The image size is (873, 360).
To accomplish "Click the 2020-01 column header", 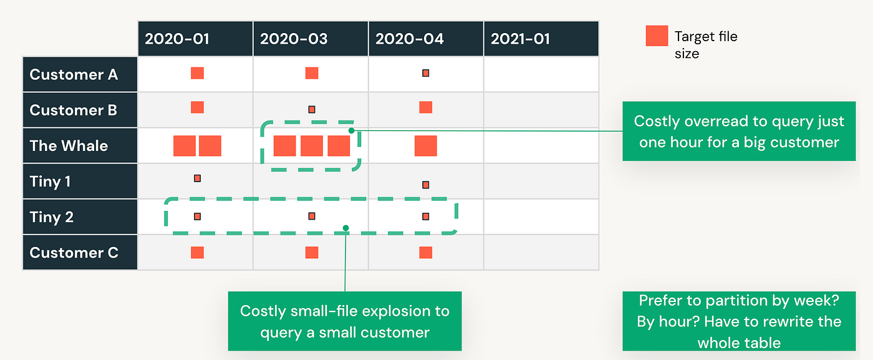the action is point(195,39).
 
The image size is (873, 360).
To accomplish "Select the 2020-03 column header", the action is point(311,39).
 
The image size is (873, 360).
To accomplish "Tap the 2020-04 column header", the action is point(425,39).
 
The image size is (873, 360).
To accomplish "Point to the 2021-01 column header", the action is point(541,39).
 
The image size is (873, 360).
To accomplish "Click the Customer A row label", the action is point(80,74).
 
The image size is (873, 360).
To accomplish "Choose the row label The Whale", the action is point(80,145).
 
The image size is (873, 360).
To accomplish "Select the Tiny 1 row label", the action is point(80,182).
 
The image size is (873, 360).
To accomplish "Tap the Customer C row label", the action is point(80,252).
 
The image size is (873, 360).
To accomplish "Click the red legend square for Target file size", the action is point(657,36).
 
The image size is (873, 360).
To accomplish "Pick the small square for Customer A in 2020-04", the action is point(425,73).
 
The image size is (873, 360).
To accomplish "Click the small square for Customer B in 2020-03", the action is point(312,110).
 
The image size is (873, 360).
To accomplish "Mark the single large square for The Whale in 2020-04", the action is point(425,146).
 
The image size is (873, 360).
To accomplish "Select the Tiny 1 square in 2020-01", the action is point(197,178).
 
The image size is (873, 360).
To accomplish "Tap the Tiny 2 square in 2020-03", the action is point(312,216).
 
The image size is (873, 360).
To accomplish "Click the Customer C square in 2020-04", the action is point(425,252).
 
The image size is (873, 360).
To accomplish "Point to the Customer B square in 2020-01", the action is point(197,107).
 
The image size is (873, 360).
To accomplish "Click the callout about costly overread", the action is point(739,132).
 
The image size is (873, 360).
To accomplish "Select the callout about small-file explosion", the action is point(345,321).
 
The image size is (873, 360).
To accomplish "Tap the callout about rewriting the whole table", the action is point(739,321).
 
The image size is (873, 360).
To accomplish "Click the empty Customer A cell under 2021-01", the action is point(541,74).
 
